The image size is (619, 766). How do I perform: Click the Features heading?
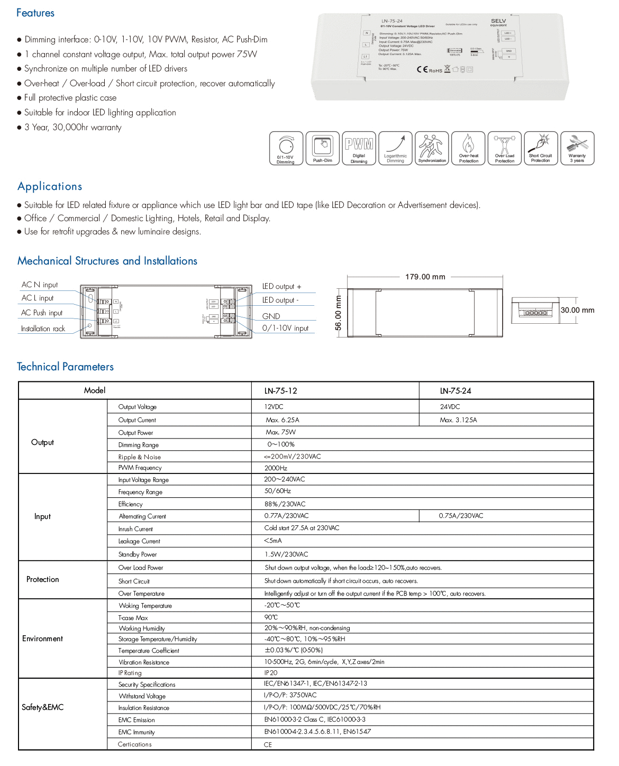point(35,13)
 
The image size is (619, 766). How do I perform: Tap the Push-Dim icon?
point(323,149)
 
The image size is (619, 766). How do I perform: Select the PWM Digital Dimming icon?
point(359,149)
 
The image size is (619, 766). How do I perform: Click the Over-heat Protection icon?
point(468,149)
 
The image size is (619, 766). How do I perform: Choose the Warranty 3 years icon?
point(577,149)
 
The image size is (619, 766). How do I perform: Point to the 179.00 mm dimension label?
point(425,277)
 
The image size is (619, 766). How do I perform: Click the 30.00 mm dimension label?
point(577,311)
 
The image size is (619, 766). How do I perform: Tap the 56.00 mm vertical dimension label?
point(339,313)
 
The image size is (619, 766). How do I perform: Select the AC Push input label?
point(42,313)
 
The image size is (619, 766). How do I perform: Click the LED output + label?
point(281,287)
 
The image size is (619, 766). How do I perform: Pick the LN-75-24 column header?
point(456,391)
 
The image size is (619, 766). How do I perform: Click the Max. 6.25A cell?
point(283,420)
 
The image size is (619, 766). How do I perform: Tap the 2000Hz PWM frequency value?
point(276,468)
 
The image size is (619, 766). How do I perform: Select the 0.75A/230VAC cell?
point(461,516)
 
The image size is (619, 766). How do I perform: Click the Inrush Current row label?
point(135,529)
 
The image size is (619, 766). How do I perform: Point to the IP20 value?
point(270,673)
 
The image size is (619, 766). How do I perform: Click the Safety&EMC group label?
point(42,707)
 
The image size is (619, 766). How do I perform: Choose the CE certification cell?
point(268,745)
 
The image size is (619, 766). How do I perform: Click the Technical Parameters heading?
point(65,367)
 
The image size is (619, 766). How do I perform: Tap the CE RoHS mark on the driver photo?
point(429,70)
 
